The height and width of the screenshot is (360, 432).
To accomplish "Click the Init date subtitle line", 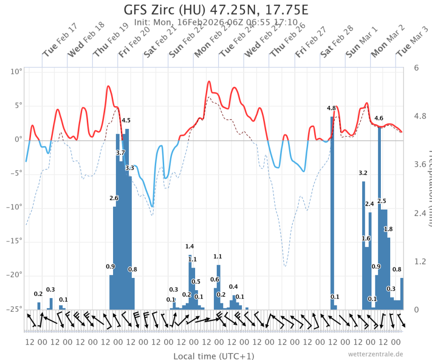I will (216, 22).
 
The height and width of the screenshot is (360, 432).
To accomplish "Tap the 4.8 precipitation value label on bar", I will (331, 108).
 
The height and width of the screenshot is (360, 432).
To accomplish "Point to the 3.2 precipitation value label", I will (363, 173).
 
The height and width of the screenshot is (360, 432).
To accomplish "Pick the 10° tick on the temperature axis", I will (17, 72).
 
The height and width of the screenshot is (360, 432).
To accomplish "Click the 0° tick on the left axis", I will (18, 140).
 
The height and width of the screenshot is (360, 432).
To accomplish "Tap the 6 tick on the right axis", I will (416, 67).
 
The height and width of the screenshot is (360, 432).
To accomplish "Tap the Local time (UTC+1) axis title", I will (214, 356).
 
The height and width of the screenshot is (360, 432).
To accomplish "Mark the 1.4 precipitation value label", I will (189, 246).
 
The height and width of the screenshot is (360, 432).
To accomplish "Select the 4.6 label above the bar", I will (379, 118).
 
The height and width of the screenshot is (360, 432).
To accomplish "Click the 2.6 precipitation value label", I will (114, 198).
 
